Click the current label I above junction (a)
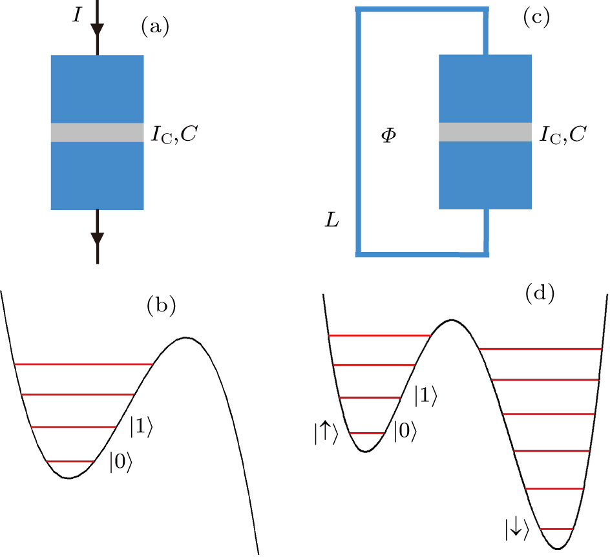pyautogui.click(x=78, y=14)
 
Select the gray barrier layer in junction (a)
pyautogui.click(x=97, y=132)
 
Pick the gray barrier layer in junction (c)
pyautogui.click(x=485, y=132)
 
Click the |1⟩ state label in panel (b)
pyautogui.click(x=142, y=426)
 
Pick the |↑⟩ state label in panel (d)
pyautogui.click(x=325, y=435)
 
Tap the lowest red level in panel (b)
pyautogui.click(x=71, y=461)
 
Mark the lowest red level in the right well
pyautogui.click(x=556, y=529)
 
